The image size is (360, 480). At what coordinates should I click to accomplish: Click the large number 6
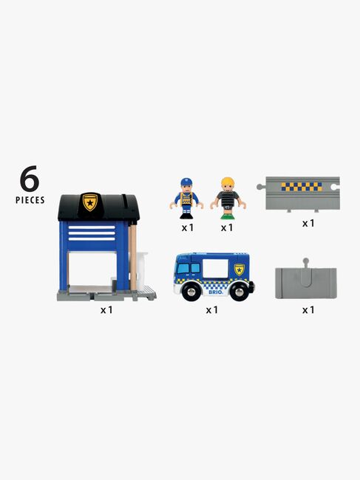click(29, 179)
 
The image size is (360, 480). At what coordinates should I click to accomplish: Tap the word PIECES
click(30, 200)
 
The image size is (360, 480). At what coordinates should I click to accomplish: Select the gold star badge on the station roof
click(90, 202)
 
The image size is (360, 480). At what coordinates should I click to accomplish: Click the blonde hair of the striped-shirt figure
click(226, 182)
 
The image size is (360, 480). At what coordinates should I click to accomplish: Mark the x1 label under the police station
click(107, 310)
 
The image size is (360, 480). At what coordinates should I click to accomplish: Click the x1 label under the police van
click(212, 310)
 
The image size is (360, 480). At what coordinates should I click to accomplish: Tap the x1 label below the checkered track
click(308, 222)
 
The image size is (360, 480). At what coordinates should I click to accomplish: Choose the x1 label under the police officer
click(188, 227)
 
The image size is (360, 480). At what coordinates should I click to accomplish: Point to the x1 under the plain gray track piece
click(308, 310)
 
